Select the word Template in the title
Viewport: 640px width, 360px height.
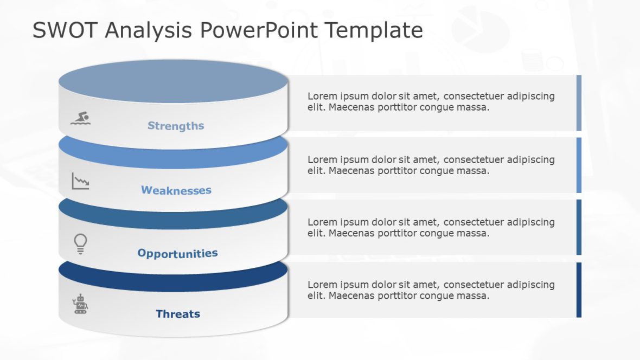[x=374, y=30]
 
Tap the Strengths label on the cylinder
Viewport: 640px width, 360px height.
[x=176, y=126]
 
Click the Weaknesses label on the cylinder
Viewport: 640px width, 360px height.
[x=176, y=190]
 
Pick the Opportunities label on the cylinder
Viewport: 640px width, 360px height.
[x=177, y=253]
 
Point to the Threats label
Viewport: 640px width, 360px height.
[x=178, y=314]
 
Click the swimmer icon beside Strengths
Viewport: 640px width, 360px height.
[x=81, y=118]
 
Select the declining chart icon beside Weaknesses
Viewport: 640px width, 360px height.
[x=80, y=181]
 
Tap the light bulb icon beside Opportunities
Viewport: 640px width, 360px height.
[x=80, y=243]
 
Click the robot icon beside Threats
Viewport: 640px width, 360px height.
[x=80, y=305]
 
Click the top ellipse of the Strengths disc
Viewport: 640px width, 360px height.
[x=173, y=81]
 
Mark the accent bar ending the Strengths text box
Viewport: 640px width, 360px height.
[x=579, y=103]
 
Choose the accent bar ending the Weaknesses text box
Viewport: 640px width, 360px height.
[x=579, y=165]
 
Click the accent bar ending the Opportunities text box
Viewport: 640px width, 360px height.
[x=579, y=227]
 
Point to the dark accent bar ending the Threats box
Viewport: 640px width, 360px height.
[x=579, y=290]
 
